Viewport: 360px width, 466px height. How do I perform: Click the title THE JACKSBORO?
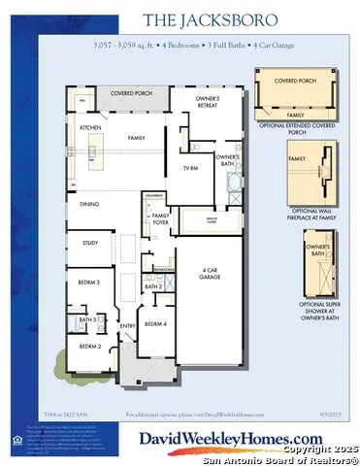pyautogui.click(x=180, y=19)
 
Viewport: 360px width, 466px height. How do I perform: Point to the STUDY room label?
pyautogui.click(x=89, y=244)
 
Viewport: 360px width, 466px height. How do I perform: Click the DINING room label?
pyautogui.click(x=88, y=205)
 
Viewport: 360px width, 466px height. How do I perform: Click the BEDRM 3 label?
pyautogui.click(x=89, y=283)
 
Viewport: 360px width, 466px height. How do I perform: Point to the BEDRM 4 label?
pyautogui.click(x=155, y=323)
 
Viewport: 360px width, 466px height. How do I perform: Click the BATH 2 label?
pyautogui.click(x=152, y=286)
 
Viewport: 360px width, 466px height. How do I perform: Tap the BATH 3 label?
pyautogui.click(x=85, y=319)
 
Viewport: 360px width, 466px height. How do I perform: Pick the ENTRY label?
pyautogui.click(x=127, y=326)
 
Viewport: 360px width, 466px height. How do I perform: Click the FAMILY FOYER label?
pyautogui.click(x=160, y=217)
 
